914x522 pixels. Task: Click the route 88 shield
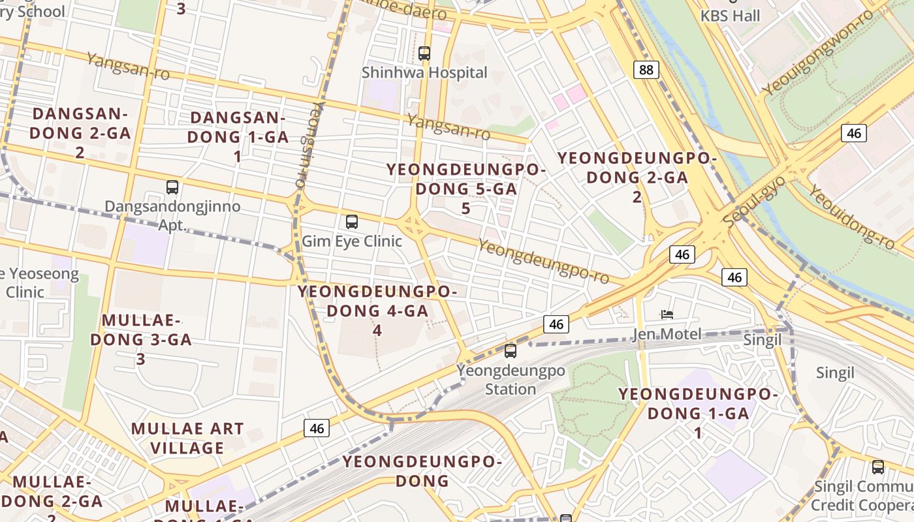coord(646,70)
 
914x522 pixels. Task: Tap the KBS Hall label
coord(731,15)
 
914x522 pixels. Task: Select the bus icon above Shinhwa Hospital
coord(424,54)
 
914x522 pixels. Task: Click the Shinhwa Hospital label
coord(424,72)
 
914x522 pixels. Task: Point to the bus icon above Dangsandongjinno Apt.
coord(172,187)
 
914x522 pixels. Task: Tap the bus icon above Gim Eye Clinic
coord(352,222)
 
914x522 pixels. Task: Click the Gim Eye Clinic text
coord(352,241)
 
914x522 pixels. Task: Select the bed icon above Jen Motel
coord(667,315)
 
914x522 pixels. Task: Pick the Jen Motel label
coord(667,335)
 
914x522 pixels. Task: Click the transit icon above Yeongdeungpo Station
coord(511,351)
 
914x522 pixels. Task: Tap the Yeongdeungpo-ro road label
coord(544,261)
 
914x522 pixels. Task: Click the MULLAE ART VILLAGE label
coord(187,438)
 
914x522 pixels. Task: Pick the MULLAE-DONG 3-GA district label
coord(141,339)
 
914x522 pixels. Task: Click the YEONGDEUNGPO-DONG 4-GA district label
coord(377,311)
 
